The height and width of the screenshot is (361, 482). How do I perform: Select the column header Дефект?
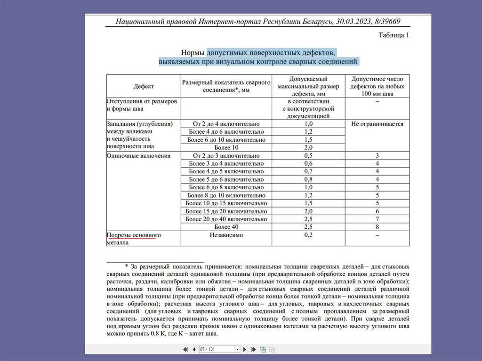pyautogui.click(x=144, y=86)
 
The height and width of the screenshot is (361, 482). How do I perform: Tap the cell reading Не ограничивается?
pyautogui.click(x=377, y=124)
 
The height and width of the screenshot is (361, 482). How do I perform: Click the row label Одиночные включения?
pyautogui.click(x=138, y=155)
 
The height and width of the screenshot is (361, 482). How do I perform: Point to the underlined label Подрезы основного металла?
pyautogui.click(x=134, y=238)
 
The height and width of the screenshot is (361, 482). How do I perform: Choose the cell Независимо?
pyautogui.click(x=226, y=235)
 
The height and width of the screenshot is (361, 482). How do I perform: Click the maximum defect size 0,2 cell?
pyautogui.click(x=308, y=235)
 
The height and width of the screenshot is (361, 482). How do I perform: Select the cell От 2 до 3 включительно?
pyautogui.click(x=226, y=155)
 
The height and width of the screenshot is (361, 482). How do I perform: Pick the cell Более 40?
pyautogui.click(x=226, y=227)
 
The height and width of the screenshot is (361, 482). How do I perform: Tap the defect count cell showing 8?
pyautogui.click(x=377, y=227)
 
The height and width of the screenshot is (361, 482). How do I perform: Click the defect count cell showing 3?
pyautogui.click(x=377, y=155)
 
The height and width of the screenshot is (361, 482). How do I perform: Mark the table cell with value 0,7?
pyautogui.click(x=308, y=171)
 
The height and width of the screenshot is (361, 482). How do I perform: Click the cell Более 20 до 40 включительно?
pyautogui.click(x=226, y=219)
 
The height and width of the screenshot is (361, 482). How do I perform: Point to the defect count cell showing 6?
pyautogui.click(x=377, y=211)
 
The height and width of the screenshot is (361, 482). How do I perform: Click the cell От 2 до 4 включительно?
pyautogui.click(x=226, y=124)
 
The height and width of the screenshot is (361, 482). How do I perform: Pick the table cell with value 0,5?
pyautogui.click(x=308, y=155)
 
